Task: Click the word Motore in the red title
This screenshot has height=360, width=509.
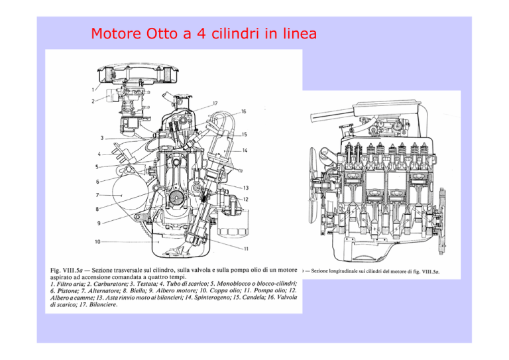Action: point(116,33)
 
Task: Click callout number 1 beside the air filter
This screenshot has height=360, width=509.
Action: point(93,90)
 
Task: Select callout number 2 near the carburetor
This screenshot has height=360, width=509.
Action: point(93,101)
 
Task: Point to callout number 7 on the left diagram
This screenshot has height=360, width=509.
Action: point(97,195)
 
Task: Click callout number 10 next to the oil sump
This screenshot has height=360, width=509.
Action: point(97,242)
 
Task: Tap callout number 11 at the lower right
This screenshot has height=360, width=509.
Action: point(246,249)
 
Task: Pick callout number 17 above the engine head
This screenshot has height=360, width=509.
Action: point(215,103)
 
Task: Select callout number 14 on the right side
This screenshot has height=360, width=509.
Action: point(245,150)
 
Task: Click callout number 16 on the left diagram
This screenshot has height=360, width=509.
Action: point(243,111)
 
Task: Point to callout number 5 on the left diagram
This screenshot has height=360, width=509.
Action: point(97,167)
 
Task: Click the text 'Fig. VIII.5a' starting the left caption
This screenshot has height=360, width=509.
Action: point(66,270)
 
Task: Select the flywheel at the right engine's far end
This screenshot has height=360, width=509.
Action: point(442,221)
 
